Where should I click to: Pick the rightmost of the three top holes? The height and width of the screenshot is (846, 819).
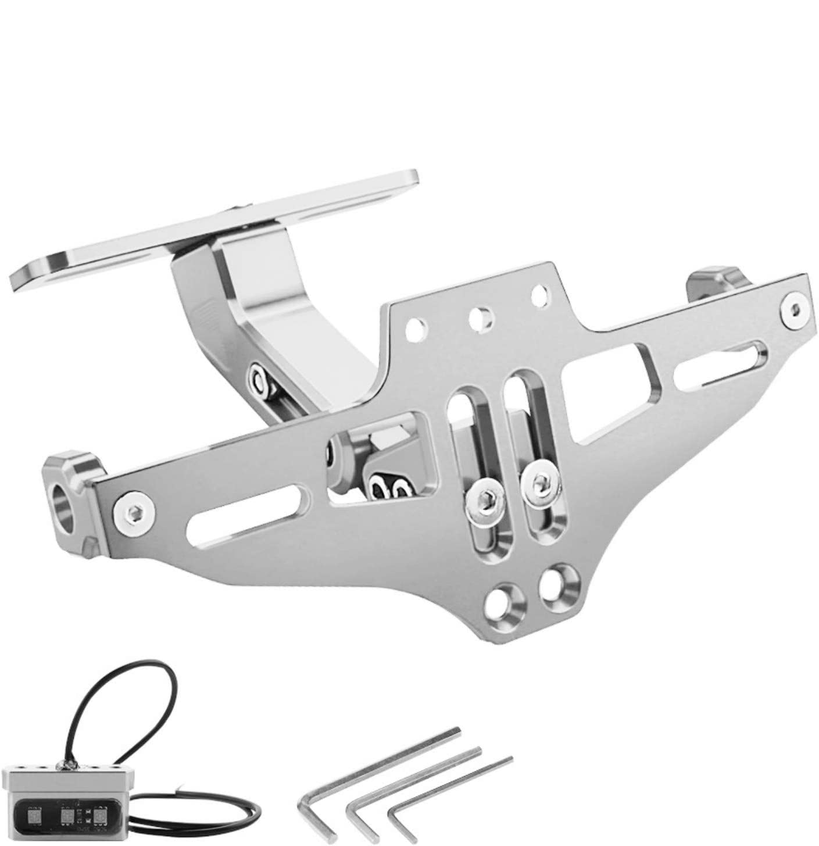click(x=541, y=292)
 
